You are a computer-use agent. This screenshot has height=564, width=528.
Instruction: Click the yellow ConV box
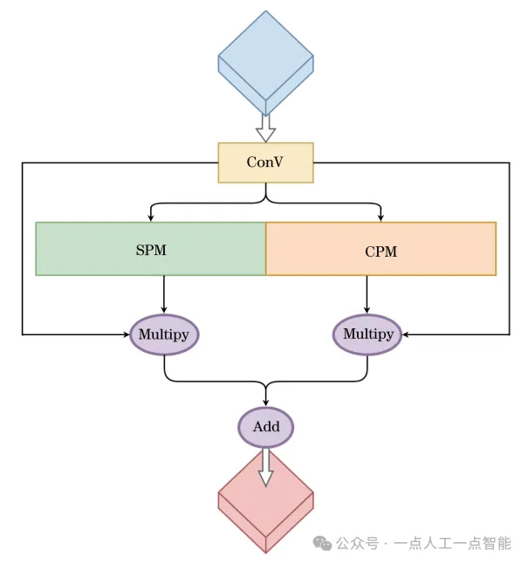tap(265, 162)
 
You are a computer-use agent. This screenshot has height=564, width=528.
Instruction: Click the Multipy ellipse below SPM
tap(164, 334)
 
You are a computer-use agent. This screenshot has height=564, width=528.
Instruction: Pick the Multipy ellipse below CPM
tap(367, 334)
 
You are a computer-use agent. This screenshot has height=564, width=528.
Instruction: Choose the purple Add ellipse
tap(266, 427)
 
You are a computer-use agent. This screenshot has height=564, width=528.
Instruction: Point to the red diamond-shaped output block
tap(265, 506)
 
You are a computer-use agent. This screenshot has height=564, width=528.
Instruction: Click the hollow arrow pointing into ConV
tap(265, 127)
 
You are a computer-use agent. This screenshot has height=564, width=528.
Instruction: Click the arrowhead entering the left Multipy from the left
tap(126, 334)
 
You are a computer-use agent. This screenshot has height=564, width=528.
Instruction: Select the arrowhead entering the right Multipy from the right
tap(407, 334)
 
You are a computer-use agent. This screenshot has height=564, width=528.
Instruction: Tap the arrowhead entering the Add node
tap(266, 403)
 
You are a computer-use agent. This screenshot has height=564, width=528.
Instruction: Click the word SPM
tap(150, 251)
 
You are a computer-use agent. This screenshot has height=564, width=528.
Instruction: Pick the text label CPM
tap(381, 251)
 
